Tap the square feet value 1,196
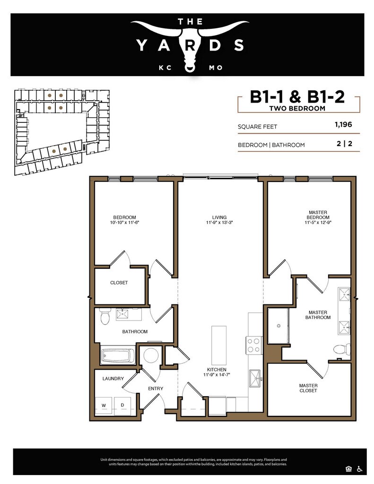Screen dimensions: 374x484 click(x=343, y=124)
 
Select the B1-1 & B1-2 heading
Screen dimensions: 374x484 click(x=297, y=97)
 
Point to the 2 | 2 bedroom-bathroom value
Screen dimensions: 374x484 click(x=344, y=144)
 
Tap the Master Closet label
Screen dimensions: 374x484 click(x=308, y=388)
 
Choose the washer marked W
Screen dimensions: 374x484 click(x=104, y=405)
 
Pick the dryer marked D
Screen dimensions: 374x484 click(x=122, y=405)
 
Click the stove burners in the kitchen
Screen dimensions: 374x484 click(x=254, y=345)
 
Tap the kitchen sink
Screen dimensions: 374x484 click(x=255, y=378)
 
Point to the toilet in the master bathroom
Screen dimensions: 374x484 click(x=342, y=349)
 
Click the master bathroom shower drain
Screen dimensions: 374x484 click(x=278, y=326)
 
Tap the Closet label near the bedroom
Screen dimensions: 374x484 click(x=119, y=283)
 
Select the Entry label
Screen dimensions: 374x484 click(x=156, y=389)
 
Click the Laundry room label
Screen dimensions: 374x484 click(x=113, y=379)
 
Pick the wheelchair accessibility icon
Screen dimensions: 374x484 click(x=359, y=469)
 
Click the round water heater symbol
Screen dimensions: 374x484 click(x=151, y=355)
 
